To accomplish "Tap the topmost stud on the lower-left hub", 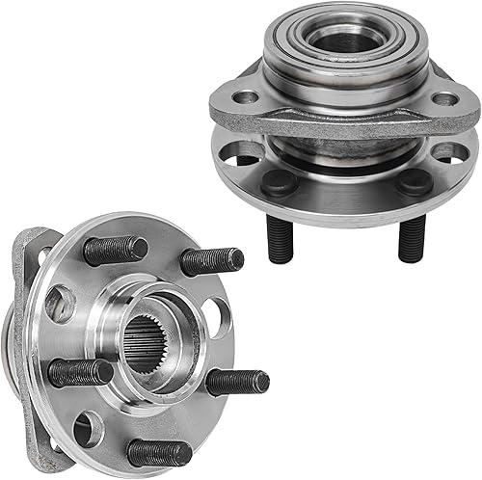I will (115, 251).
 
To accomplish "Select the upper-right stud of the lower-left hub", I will (211, 260).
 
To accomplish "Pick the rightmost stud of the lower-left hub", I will (236, 382).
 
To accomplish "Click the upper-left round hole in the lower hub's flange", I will (60, 304).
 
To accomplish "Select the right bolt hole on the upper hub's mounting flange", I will (444, 99).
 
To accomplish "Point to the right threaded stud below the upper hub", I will (412, 237).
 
